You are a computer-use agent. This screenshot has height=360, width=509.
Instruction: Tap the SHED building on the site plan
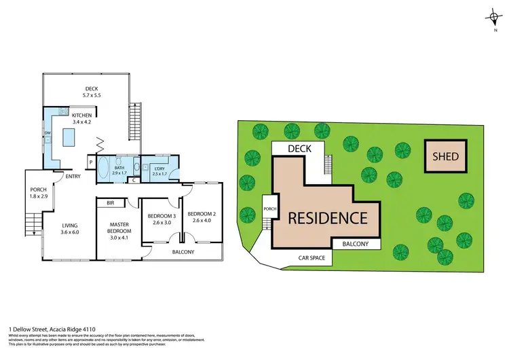pos(446,157)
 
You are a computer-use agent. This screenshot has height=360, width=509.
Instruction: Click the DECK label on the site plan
pos(299,148)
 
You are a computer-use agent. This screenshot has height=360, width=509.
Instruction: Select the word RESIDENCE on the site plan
pos(328,219)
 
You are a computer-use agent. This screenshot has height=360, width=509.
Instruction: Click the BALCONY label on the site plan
pos(356,244)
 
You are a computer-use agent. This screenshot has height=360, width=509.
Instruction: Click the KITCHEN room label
pos(81,115)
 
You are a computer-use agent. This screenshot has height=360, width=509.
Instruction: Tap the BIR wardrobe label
pos(110,202)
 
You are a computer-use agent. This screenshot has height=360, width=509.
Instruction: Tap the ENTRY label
pos(73,178)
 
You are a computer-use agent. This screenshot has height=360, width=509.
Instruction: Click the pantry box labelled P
pos(90,162)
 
